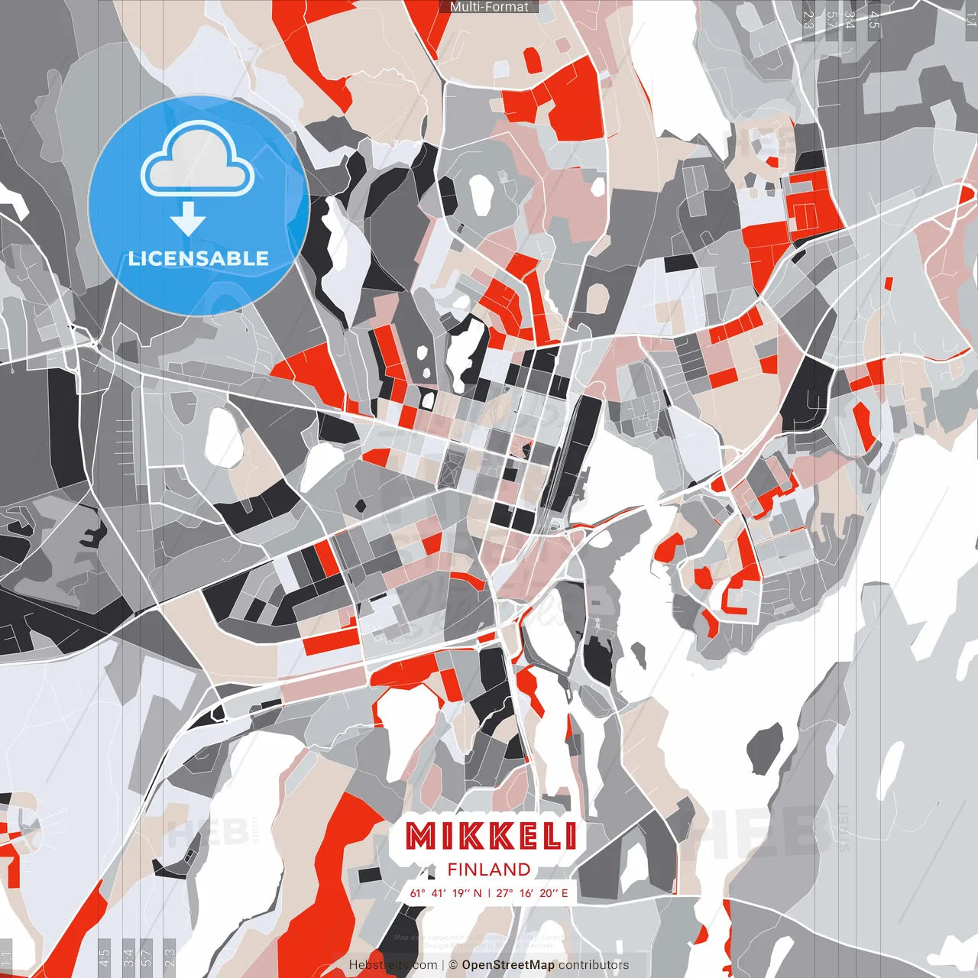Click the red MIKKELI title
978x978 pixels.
point(491,836)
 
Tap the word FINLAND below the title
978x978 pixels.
point(489,870)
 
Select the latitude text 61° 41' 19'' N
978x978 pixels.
point(445,892)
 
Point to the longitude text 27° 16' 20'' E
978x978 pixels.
point(533,892)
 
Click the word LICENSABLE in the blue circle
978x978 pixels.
point(199,258)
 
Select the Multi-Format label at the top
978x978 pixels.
point(489,7)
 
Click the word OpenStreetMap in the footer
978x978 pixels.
point(508,965)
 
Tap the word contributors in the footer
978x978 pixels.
point(594,965)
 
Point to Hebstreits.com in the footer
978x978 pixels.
point(393,965)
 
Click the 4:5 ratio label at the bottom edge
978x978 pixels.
point(104,957)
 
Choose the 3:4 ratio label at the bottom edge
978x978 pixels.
point(128,957)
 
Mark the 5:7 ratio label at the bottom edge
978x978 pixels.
point(147,957)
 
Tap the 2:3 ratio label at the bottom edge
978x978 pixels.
point(170,957)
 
